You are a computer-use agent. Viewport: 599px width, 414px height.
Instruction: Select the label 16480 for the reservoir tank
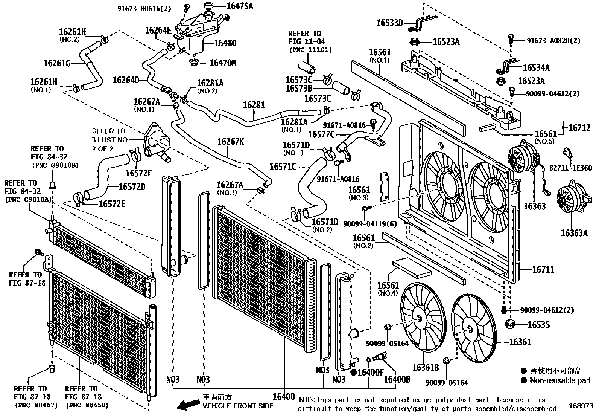225,43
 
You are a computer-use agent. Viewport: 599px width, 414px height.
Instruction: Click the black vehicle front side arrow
188,404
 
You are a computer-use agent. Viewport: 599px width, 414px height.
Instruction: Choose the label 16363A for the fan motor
574,233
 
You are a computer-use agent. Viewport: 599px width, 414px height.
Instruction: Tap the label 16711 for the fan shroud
543,269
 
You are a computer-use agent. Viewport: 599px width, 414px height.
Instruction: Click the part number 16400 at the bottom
283,396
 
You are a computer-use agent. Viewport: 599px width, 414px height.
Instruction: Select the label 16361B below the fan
425,367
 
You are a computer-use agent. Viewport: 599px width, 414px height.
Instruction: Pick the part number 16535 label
538,324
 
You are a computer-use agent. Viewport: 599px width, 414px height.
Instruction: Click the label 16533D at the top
389,23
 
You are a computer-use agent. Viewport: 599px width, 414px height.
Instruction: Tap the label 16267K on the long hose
230,142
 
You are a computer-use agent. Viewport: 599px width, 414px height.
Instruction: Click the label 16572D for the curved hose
132,186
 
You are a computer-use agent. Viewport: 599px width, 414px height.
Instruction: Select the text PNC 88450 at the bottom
87,405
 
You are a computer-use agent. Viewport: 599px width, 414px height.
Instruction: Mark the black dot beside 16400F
353,372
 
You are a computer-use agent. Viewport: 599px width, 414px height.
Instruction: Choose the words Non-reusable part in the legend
560,380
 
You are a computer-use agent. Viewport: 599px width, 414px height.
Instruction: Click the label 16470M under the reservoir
223,63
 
